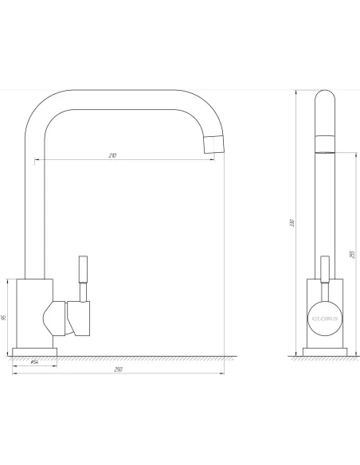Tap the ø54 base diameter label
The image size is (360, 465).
tap(34, 363)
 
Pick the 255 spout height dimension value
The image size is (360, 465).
tap(351, 253)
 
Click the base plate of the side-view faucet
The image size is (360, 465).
tap(34, 351)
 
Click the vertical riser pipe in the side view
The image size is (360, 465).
tap(34, 207)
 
